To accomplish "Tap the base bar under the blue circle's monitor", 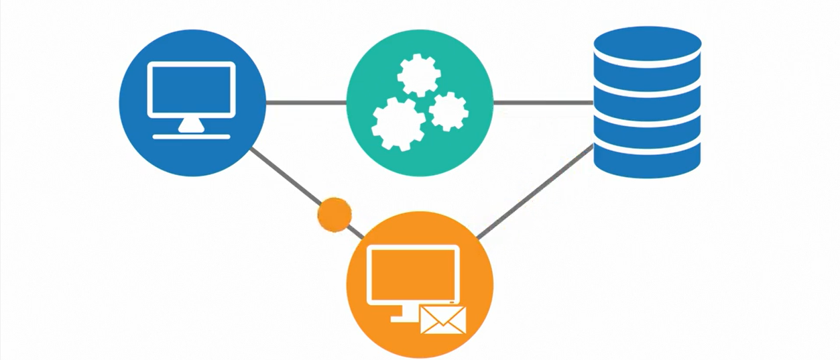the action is pos(191,136).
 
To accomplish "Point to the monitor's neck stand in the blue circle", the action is pos(191,124).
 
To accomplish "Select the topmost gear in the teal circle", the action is pos(418,75).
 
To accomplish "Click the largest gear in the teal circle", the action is pos(398,124).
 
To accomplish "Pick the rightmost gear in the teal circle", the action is pos(448,111).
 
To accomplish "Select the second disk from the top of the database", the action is pos(647,84).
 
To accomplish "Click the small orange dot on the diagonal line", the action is pos(334,214).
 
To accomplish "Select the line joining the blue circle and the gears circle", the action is pos(306,103).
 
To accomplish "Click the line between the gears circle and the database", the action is pos(543,103).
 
